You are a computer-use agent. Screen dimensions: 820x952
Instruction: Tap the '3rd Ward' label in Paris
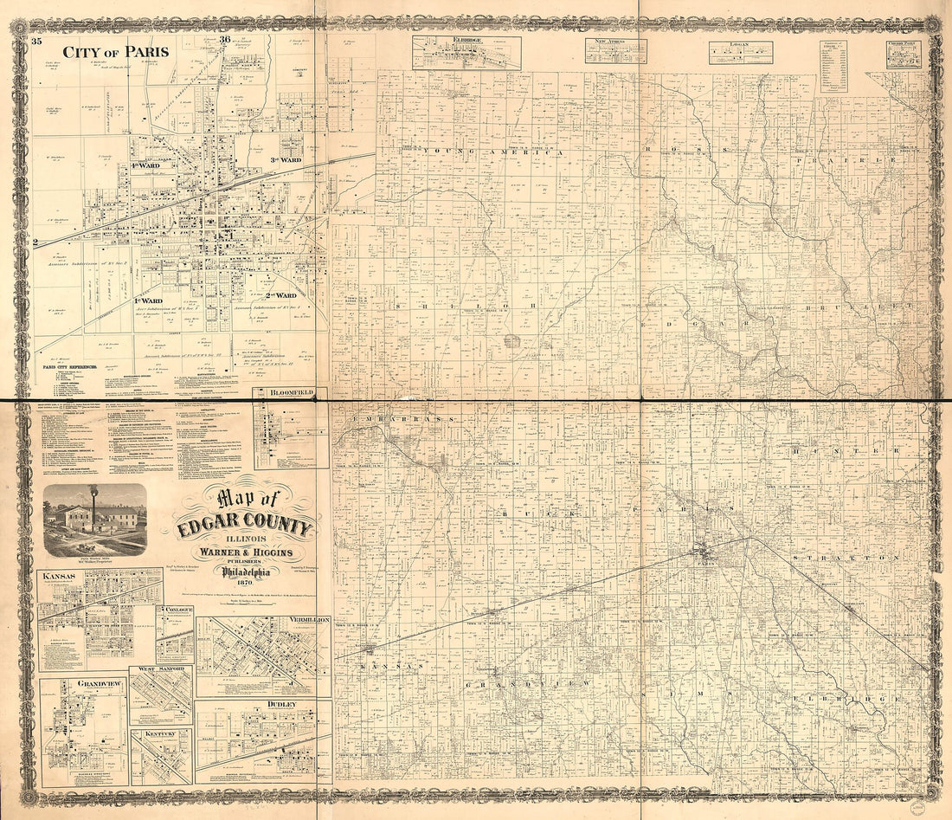pyautogui.click(x=285, y=160)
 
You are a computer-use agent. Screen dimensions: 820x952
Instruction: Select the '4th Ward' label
pyautogui.click(x=152, y=164)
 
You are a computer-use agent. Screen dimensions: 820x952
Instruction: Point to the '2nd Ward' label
pyautogui.click(x=282, y=295)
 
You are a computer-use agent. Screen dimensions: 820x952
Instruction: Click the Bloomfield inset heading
pyautogui.click(x=290, y=393)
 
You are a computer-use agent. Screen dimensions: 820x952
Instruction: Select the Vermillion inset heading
pyautogui.click(x=306, y=621)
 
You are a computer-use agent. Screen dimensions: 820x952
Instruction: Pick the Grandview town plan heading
pyautogui.click(x=97, y=683)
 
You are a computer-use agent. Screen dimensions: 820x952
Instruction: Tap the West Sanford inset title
pyautogui.click(x=161, y=671)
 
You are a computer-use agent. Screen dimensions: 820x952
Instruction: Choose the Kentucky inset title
pyautogui.click(x=160, y=733)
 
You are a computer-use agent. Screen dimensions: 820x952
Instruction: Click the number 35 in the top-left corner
pyautogui.click(x=36, y=40)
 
